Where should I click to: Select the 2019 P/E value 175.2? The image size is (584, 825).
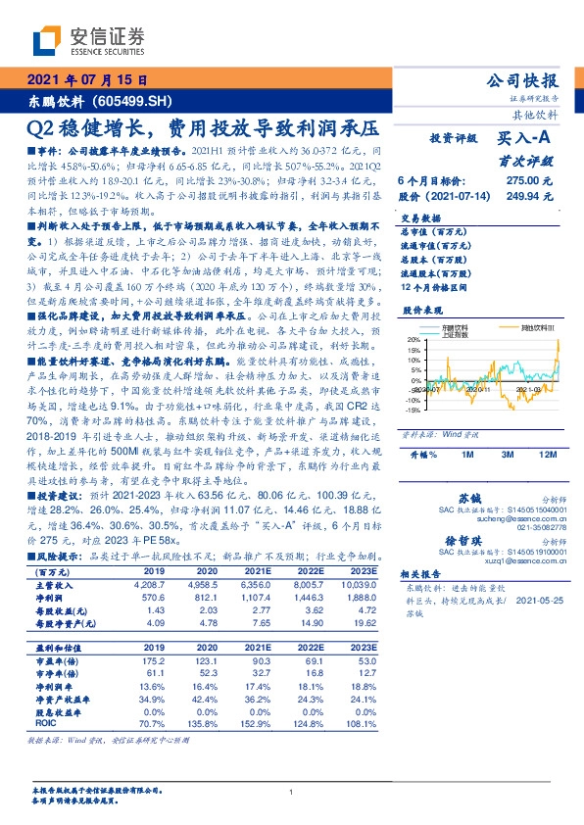pos(154,659)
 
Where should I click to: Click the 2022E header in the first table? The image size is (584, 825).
pos(306,570)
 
